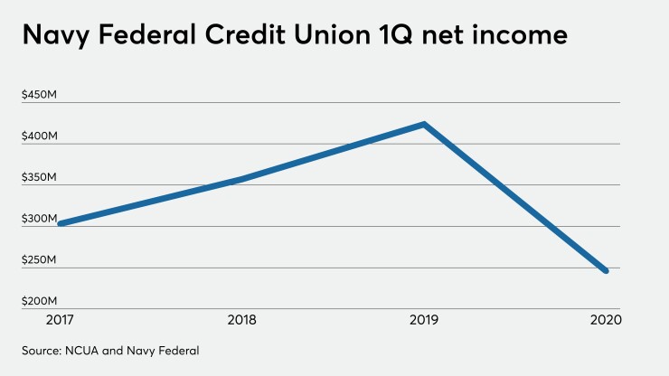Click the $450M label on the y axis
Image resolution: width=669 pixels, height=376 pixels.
coord(40,95)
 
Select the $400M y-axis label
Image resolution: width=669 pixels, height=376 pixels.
coord(40,136)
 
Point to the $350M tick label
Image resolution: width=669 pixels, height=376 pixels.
coord(40,178)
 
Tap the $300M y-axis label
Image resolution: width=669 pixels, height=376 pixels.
coord(40,220)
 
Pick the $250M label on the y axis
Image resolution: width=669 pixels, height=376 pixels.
coord(40,260)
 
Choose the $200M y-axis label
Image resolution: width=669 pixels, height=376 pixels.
coord(40,302)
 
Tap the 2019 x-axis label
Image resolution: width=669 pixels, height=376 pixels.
coord(422,319)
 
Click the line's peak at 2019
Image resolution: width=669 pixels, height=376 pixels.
coord(423,124)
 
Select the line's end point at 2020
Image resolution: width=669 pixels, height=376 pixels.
coord(606,270)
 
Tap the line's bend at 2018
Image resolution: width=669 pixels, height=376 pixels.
coord(239,179)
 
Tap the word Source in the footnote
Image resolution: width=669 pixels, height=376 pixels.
coord(43,348)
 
